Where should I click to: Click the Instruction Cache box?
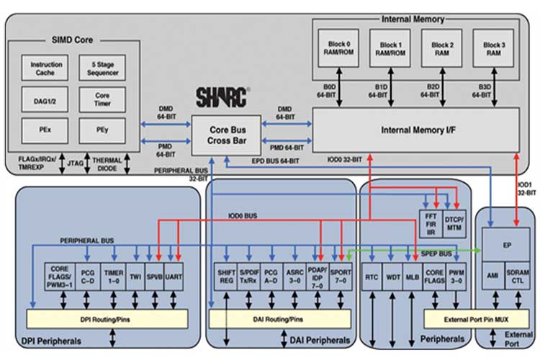click(46, 68)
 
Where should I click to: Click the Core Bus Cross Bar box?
click(226, 135)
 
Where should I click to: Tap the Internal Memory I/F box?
click(415, 130)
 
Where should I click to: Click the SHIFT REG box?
click(227, 274)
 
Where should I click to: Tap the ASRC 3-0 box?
click(294, 274)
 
